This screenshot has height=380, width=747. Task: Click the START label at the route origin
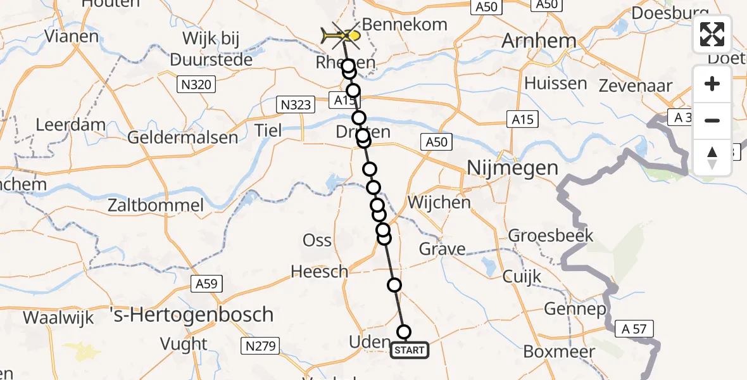410,350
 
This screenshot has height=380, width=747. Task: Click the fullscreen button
712,34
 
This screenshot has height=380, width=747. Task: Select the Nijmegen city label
512,168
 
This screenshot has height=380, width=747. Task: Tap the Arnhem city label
539,41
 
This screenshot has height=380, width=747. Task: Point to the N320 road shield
197,84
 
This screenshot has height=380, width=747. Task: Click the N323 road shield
295,104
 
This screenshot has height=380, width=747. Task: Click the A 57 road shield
634,328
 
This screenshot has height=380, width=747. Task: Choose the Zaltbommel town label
156,205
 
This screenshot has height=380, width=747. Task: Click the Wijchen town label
439,203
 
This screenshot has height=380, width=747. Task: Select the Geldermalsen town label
183,137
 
